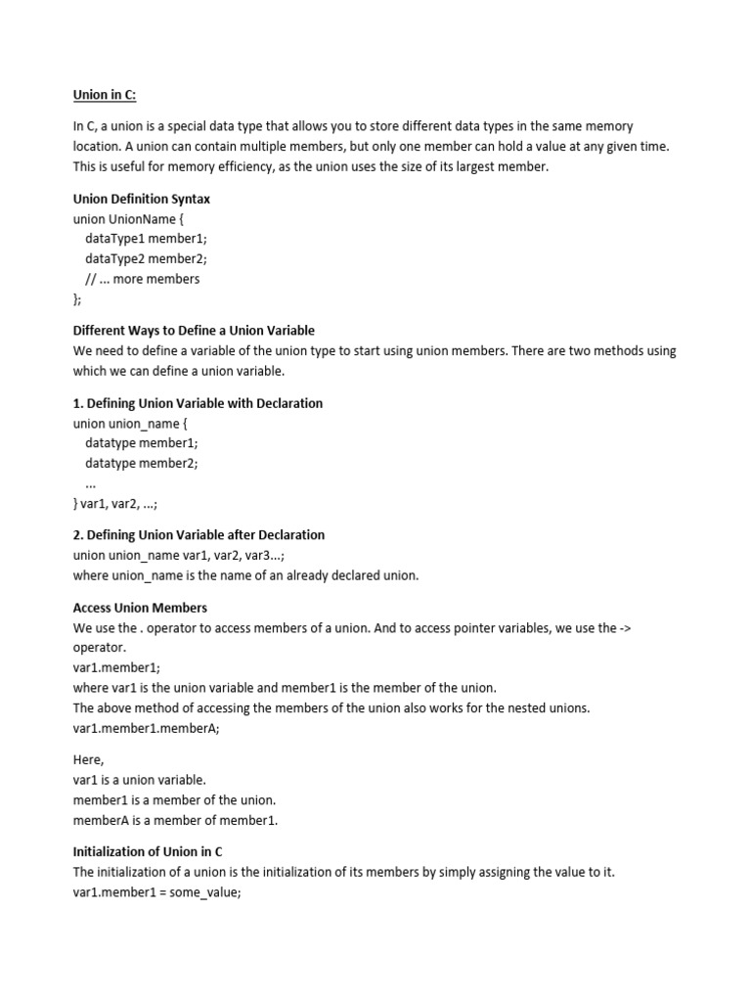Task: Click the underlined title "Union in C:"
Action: pyautogui.click(x=105, y=95)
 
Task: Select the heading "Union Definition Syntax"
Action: pyautogui.click(x=142, y=199)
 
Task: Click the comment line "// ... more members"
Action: pyautogui.click(x=142, y=279)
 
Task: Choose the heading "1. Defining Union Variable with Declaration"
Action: pyautogui.click(x=198, y=403)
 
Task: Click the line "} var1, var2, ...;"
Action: pyautogui.click(x=115, y=503)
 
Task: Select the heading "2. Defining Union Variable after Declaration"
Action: pyautogui.click(x=199, y=535)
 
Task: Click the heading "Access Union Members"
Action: pyautogui.click(x=140, y=608)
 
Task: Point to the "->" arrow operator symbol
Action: pyautogui.click(x=625, y=628)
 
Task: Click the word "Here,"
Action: pyautogui.click(x=89, y=759)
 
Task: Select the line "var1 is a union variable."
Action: pyautogui.click(x=140, y=780)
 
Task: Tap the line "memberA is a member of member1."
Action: pyautogui.click(x=175, y=820)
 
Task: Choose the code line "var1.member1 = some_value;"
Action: pyautogui.click(x=156, y=891)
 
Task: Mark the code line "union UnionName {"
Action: pyautogui.click(x=127, y=219)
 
